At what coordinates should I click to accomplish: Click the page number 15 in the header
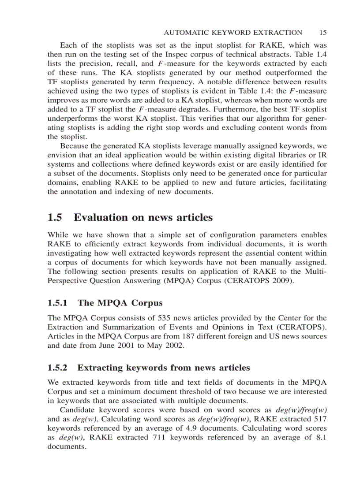(322, 33)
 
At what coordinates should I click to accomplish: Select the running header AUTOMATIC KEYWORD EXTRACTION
(233, 33)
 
